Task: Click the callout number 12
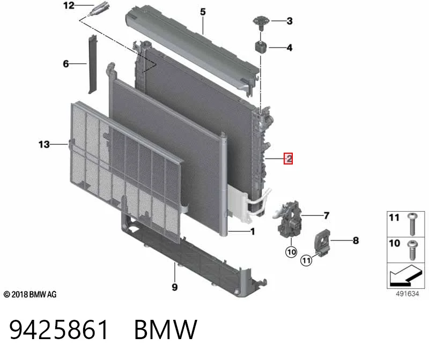[x=69, y=5]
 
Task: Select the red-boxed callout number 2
[x=288, y=159]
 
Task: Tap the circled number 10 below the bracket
[x=291, y=252]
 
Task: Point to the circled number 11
[x=306, y=260]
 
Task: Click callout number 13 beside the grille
[x=44, y=144]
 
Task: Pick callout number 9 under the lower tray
[x=175, y=287]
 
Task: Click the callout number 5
[x=203, y=12]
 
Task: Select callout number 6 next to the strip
[x=65, y=64]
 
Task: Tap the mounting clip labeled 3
[x=261, y=24]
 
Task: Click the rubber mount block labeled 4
[x=261, y=47]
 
